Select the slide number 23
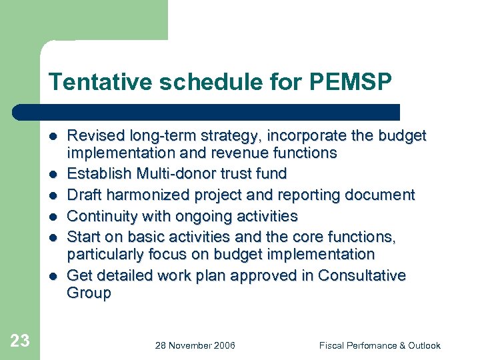coord(20,341)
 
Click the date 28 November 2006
coord(195,345)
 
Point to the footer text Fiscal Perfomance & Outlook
coord(379,345)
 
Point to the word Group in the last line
coord(89,293)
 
